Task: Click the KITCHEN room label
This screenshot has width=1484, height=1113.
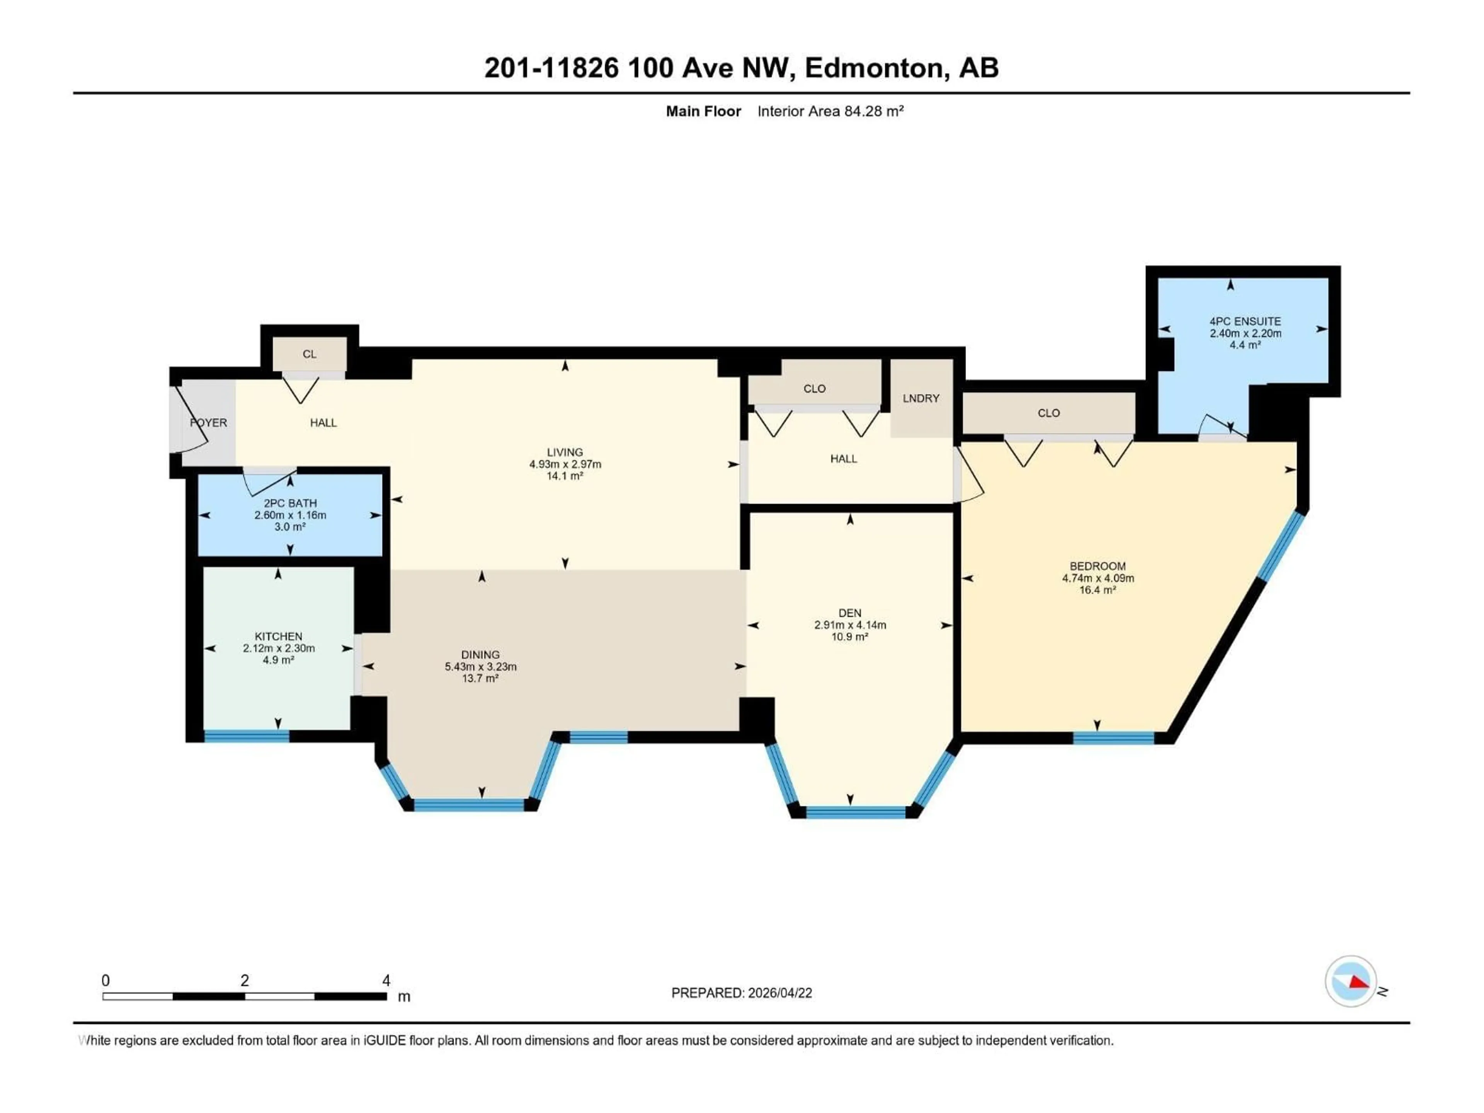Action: tap(278, 636)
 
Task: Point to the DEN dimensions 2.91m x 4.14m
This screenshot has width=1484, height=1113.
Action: tap(850, 625)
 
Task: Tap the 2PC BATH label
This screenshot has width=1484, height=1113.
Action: tap(290, 503)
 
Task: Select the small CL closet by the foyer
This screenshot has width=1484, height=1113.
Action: tap(309, 354)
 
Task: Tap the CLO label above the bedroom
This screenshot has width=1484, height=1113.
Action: tap(1048, 413)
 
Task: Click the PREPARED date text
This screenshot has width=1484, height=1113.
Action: tap(741, 993)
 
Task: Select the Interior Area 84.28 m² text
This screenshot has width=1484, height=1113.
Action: tap(830, 111)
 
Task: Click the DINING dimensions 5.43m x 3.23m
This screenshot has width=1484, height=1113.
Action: tap(480, 667)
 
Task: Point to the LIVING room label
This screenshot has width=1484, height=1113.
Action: tap(565, 452)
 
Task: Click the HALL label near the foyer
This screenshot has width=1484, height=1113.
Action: tap(323, 423)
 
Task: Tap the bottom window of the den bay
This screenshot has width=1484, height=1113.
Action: tap(855, 812)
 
